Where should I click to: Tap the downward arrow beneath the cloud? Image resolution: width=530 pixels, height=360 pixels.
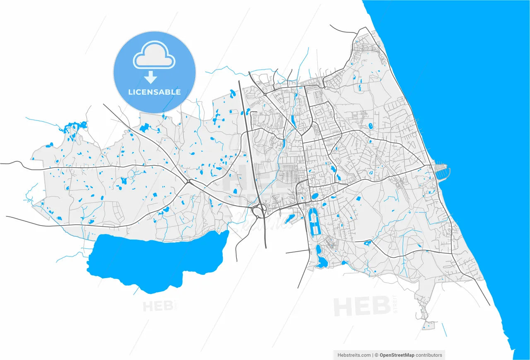[x=151, y=77]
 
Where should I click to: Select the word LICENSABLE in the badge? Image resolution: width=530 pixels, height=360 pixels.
[x=154, y=92]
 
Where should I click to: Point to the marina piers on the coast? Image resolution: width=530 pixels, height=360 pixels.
[x=441, y=172]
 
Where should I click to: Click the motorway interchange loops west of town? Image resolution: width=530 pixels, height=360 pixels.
[x=260, y=209]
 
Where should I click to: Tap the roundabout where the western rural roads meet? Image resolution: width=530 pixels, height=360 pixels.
[x=188, y=181]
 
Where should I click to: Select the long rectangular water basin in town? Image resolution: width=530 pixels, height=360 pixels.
[x=315, y=222]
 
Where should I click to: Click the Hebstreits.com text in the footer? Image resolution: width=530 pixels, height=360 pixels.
[x=354, y=355]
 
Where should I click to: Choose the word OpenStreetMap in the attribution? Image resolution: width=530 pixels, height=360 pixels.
[x=397, y=355]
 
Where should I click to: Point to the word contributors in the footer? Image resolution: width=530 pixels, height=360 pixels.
[x=429, y=355]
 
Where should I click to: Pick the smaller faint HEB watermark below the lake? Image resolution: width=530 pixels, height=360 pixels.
[x=158, y=306]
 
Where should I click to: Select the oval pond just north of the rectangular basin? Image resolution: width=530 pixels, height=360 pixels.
[x=315, y=196]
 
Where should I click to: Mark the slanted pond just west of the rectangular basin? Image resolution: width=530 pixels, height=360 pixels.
[x=289, y=218]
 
